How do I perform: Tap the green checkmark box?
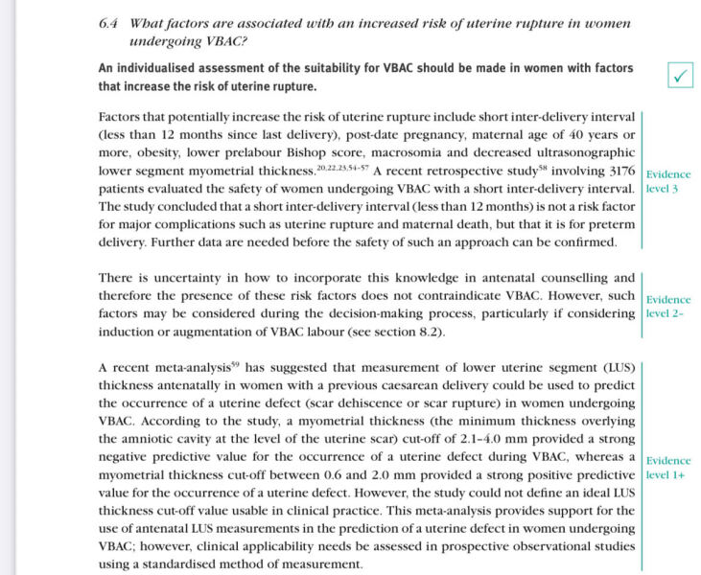(681, 78)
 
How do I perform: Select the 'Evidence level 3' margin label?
(668, 181)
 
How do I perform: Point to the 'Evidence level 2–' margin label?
(668, 306)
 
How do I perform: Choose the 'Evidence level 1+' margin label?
(668, 467)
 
